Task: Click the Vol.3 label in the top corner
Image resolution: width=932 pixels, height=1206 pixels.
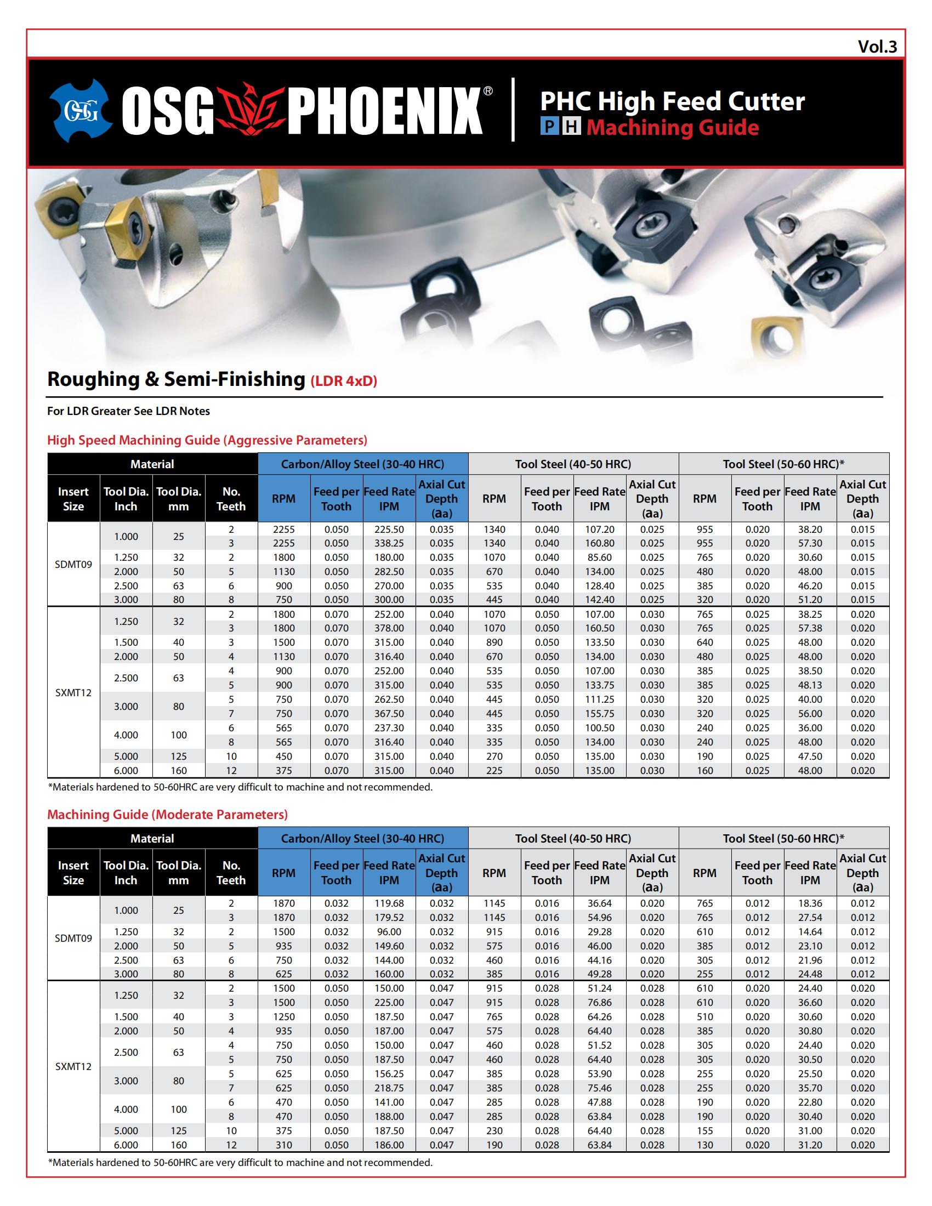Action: coord(877,47)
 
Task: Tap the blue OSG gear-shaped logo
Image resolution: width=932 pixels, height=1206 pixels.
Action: coord(81,110)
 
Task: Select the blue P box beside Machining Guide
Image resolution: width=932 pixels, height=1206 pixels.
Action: coord(549,128)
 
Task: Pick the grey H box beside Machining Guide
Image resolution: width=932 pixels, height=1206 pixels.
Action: coord(571,128)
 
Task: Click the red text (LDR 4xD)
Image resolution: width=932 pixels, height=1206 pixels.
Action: coord(343,381)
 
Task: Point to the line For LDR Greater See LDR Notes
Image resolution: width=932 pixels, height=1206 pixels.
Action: coord(128,411)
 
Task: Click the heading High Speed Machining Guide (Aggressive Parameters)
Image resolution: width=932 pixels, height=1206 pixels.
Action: coord(207,440)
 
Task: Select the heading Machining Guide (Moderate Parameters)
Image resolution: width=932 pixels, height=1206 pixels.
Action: coord(167,815)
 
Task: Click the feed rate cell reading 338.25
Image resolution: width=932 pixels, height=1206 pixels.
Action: coord(389,543)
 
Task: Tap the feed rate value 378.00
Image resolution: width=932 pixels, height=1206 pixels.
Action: coord(389,628)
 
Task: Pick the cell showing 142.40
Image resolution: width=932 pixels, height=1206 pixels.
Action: coord(599,600)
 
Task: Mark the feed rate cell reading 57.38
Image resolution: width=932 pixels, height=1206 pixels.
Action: coord(810,628)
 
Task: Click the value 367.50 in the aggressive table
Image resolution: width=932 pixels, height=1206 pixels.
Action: coord(389,713)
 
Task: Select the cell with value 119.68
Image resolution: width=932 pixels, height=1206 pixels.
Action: coord(389,903)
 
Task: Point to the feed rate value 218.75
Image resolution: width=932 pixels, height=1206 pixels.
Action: coord(389,1088)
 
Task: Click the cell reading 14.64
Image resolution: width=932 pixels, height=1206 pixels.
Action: coord(810,931)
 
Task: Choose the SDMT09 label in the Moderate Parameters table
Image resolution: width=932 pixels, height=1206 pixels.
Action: coord(73,938)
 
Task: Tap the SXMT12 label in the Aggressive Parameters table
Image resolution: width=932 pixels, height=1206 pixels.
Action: coord(73,692)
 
